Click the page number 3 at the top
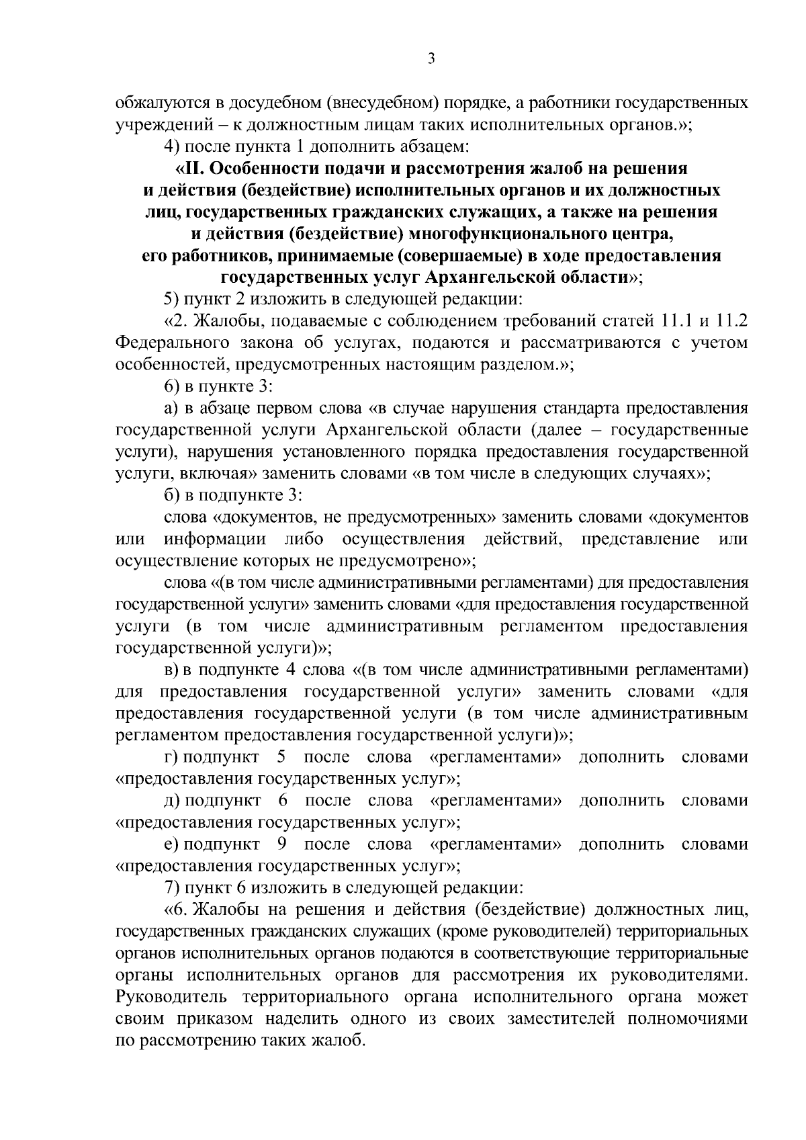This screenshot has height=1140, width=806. click(x=432, y=59)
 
